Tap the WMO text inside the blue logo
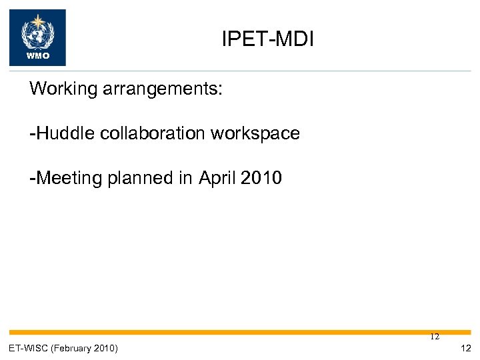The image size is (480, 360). point(37,56)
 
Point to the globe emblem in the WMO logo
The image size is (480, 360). point(37,33)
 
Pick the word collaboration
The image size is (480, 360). point(153,133)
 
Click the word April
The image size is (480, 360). point(216,179)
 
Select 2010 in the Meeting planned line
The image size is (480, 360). point(261,179)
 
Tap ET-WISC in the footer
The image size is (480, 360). point(29,348)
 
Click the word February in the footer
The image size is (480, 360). point(73,348)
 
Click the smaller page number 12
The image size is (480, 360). point(435,337)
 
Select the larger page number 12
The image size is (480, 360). point(465,348)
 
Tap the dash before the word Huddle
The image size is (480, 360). point(33,134)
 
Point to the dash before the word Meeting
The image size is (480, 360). point(33,179)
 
